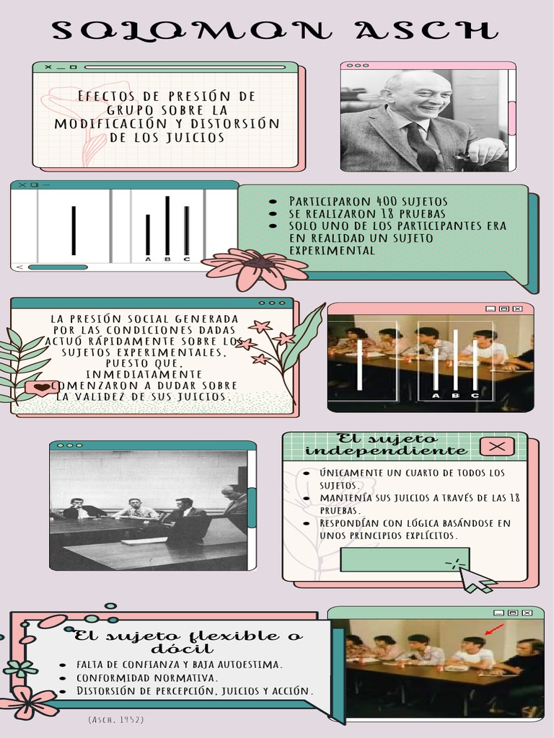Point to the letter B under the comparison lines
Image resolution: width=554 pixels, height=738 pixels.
167,259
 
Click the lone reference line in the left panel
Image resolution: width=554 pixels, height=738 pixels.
74,230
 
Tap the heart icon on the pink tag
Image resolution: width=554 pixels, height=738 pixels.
43,388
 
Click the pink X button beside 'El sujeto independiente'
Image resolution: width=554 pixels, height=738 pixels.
496,447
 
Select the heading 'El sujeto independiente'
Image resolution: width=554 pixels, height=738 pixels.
386,445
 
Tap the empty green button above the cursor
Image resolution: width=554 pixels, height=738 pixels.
404,559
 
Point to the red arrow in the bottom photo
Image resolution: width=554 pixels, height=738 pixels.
494,629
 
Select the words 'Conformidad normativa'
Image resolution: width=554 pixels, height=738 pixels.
147,677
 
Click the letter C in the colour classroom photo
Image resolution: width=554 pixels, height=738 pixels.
475,395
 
